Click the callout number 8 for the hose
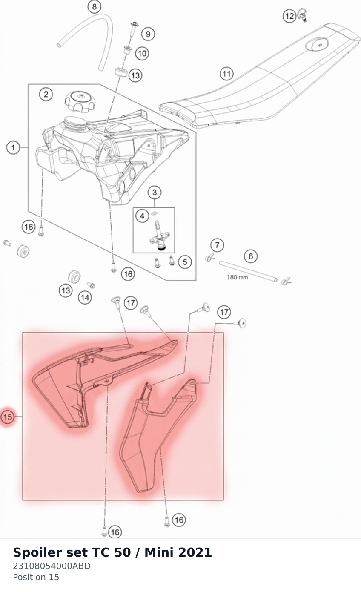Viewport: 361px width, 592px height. coord(94,6)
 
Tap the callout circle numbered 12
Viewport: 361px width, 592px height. coord(289,16)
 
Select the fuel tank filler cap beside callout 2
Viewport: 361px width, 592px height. coord(80,102)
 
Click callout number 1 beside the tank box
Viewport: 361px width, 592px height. coord(13,147)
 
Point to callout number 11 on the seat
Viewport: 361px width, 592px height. coord(226,74)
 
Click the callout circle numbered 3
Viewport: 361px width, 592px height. coord(155,193)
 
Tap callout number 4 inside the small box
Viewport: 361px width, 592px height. coord(142,216)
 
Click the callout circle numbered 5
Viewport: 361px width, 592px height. coord(185,262)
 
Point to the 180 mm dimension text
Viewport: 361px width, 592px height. coord(238,277)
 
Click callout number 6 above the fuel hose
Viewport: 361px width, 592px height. coord(251,256)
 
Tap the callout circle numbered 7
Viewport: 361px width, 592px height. coord(217,245)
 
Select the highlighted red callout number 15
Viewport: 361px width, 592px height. coord(7,417)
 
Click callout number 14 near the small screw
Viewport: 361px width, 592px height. coord(85,298)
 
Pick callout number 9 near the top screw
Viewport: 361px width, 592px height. coord(148,34)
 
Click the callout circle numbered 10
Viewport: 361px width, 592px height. coord(142,53)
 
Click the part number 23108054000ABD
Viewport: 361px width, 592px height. coord(52,566)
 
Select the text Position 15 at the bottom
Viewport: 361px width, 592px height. coord(36,577)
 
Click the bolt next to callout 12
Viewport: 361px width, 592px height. coord(302,15)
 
